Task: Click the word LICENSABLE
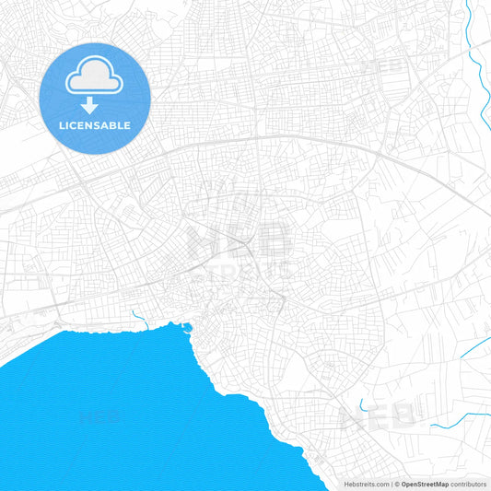coord(95,125)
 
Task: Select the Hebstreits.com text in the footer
coord(367,484)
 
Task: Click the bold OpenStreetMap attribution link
coord(425,484)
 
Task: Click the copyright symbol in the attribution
coord(397,484)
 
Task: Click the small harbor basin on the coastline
coord(188,326)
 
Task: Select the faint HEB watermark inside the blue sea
coord(103,417)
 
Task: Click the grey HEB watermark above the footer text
coord(378,419)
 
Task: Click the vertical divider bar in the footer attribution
coord(392,484)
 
